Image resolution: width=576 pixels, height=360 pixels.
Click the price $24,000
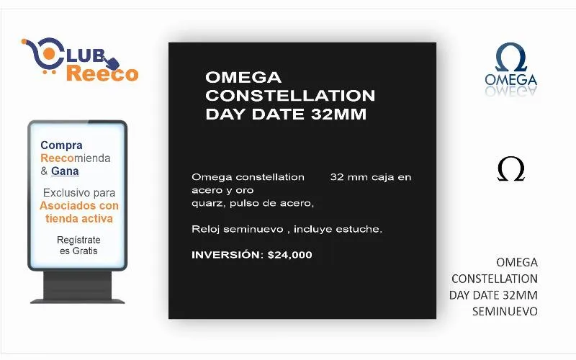pyautogui.click(x=290, y=255)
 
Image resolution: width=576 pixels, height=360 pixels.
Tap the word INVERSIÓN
pyautogui.click(x=228, y=254)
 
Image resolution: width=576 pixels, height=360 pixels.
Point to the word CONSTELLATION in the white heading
pyautogui.click(x=290, y=96)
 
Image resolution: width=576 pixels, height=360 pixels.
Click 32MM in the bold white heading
pyautogui.click(x=338, y=114)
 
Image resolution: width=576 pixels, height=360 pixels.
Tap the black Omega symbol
pyautogui.click(x=511, y=169)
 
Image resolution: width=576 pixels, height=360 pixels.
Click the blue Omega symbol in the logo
pyautogui.click(x=511, y=58)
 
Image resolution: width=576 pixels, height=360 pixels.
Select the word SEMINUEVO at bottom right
pyautogui.click(x=505, y=312)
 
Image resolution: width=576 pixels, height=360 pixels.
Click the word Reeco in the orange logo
pyautogui.click(x=102, y=73)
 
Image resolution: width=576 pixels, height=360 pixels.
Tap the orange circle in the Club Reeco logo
pyautogui.click(x=49, y=53)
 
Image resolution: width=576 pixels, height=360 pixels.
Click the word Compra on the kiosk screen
pyautogui.click(x=61, y=145)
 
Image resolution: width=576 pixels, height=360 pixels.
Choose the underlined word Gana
pyautogui.click(x=65, y=171)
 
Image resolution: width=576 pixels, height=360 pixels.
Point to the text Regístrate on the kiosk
pyautogui.click(x=78, y=240)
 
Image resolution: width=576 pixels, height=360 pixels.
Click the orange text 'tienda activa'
pyautogui.click(x=79, y=219)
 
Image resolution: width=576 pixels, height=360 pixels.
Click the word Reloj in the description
pyautogui.click(x=205, y=229)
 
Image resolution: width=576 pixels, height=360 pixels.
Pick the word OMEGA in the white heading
pyautogui.click(x=243, y=78)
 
